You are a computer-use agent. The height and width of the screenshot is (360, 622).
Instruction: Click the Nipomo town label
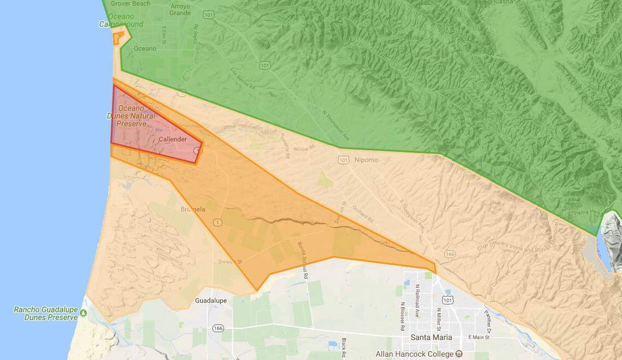365,160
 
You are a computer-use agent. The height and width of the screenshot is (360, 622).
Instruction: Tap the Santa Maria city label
431,337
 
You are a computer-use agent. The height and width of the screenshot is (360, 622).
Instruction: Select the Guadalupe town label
210,301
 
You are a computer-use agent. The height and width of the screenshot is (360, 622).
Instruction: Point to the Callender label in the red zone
172,140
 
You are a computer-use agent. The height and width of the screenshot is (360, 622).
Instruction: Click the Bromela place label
193,209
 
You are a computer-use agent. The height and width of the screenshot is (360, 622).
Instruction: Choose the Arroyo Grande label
180,10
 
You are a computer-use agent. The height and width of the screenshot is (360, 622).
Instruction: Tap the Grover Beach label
130,3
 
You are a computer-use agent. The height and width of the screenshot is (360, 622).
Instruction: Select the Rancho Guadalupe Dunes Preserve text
46,313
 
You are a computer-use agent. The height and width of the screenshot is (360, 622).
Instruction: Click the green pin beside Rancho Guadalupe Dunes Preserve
83,313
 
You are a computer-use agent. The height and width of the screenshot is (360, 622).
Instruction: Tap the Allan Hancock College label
414,354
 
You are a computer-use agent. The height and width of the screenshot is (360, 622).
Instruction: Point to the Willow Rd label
304,148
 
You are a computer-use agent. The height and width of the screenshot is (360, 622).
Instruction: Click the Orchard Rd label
362,213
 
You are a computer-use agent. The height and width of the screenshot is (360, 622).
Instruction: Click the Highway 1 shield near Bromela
218,222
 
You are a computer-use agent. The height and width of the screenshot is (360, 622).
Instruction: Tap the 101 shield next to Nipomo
343,160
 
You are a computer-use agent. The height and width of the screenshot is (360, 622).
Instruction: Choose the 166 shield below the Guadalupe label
218,328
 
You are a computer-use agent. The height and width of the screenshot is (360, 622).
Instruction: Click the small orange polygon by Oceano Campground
118,37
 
